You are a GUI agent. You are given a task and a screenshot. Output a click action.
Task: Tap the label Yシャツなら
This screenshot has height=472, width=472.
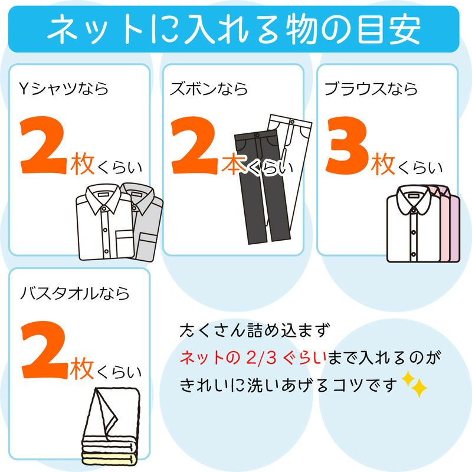point(64,89)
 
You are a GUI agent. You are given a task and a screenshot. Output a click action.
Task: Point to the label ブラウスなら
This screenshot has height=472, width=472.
point(371,89)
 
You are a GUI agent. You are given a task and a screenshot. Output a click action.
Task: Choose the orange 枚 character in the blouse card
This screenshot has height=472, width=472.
point(382,166)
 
